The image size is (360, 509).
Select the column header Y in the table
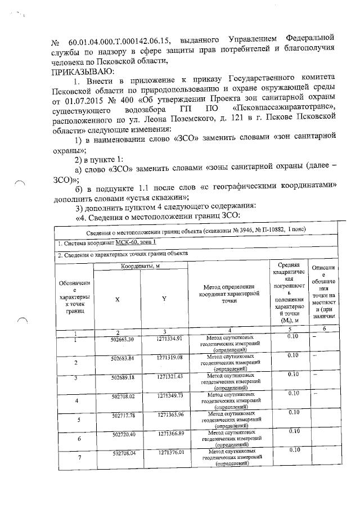[164, 300]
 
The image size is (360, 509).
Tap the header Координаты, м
[140, 265]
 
